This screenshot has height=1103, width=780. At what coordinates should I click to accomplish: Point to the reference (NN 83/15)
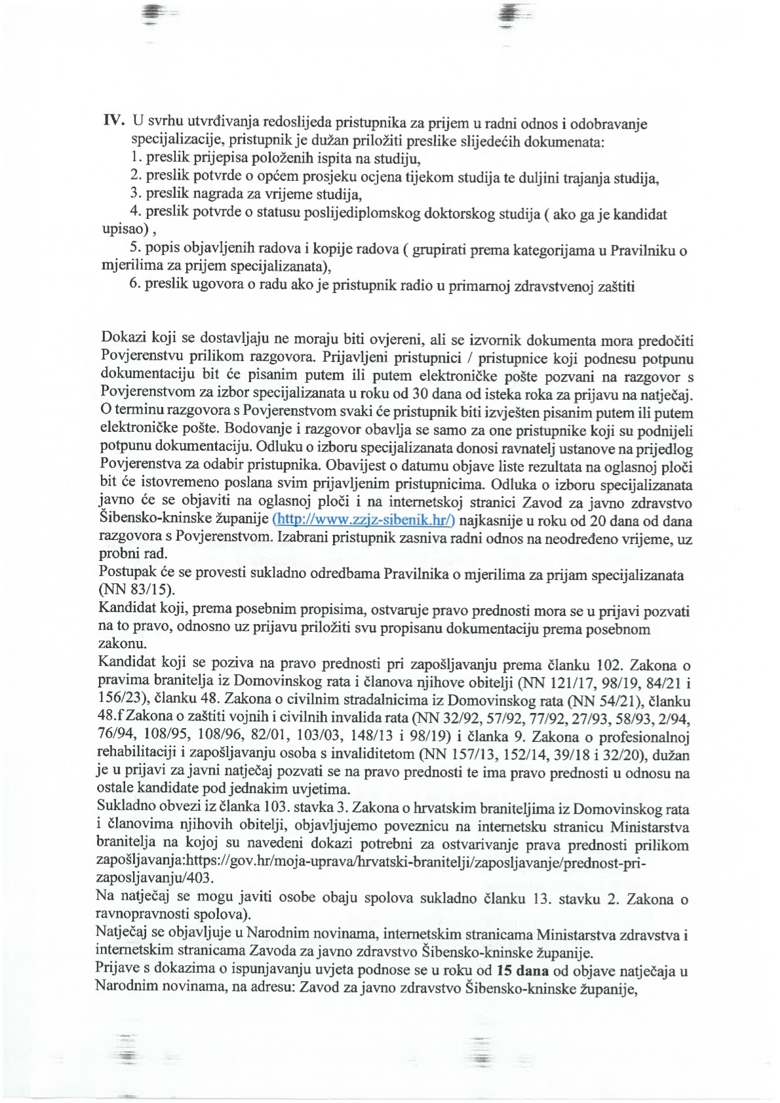click(127, 588)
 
